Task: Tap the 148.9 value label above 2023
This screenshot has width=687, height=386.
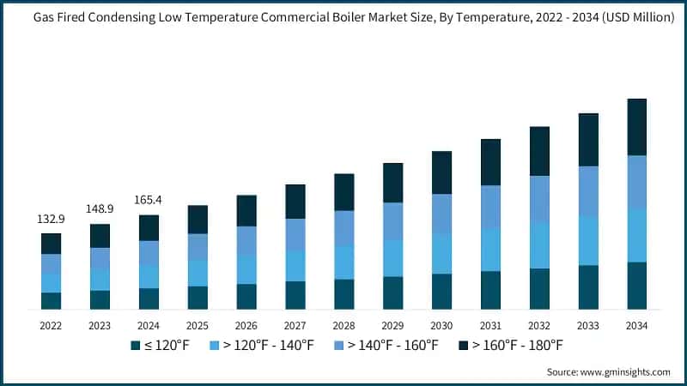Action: tap(100, 209)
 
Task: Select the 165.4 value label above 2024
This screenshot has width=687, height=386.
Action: tap(149, 200)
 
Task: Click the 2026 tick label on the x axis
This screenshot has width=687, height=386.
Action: tap(246, 326)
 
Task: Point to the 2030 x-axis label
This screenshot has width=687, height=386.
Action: tap(441, 326)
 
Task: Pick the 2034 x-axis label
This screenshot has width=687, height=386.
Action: tap(636, 326)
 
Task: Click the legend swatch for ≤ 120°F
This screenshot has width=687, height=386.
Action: tap(135, 346)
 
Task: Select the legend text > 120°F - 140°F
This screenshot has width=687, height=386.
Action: tap(267, 346)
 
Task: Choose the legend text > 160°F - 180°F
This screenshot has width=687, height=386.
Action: tap(516, 346)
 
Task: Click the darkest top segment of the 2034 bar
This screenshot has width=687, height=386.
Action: tap(636, 127)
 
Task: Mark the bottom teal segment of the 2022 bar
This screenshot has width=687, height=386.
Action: tap(52, 300)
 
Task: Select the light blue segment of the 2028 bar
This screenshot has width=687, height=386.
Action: tap(344, 262)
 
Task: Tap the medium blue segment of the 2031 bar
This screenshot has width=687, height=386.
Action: tap(490, 207)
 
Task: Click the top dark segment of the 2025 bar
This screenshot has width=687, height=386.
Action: tap(198, 220)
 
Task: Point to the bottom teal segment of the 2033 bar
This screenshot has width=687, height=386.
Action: tap(588, 287)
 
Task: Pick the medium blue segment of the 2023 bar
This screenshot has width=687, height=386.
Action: tap(100, 258)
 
